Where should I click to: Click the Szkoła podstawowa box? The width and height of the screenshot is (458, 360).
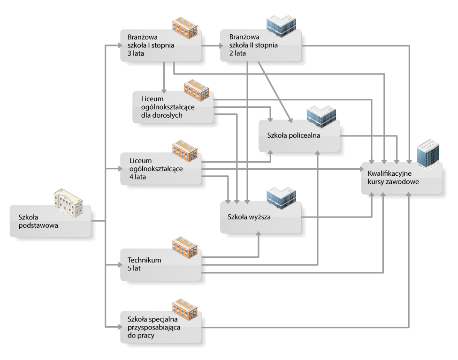pos(50,221)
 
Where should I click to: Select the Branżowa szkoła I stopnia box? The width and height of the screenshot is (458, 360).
pos(160,45)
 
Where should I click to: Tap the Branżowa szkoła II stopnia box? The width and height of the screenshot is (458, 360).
pos(260,45)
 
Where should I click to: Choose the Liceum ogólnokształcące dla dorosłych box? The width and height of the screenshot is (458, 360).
pos(173,107)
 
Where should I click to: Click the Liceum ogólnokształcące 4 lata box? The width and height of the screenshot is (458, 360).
pos(160,168)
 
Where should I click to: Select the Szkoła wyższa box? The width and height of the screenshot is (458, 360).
pos(260,217)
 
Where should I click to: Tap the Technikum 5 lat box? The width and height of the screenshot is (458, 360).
pos(160,264)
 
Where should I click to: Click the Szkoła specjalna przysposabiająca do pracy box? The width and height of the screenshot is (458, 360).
pos(160,327)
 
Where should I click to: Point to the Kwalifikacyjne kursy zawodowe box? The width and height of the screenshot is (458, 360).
pos(402,178)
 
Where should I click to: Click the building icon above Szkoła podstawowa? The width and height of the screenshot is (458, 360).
pos(69,202)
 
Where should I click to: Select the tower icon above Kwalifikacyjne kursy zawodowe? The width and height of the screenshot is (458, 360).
pos(428,154)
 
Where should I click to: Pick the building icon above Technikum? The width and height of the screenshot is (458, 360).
pos(185,247)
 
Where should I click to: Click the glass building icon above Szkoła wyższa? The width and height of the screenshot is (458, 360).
pos(281,198)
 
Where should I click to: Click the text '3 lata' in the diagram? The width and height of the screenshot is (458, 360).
pos(136,53)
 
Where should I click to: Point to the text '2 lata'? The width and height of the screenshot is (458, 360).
pos(237,53)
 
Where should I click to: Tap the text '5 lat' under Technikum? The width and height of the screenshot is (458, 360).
pos(134,268)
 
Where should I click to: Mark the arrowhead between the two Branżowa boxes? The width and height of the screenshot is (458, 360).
pos(221,45)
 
